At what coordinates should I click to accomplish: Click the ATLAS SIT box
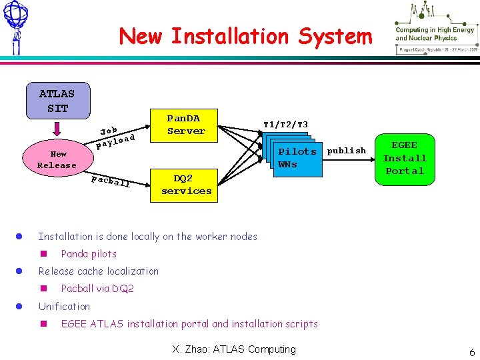(57, 100)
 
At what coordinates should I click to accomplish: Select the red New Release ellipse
(57, 159)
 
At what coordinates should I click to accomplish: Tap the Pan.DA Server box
(186, 124)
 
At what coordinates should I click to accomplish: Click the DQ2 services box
(186, 185)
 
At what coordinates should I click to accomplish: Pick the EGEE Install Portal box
(405, 158)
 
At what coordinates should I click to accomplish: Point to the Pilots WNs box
(297, 158)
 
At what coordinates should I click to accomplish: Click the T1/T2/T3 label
(285, 125)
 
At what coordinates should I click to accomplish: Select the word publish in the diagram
(347, 151)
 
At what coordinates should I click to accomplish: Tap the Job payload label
(116, 135)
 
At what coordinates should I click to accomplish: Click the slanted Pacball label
(110, 180)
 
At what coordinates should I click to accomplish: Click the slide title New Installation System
(245, 36)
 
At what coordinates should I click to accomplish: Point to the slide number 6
(471, 351)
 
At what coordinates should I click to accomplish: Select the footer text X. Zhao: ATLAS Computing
(233, 349)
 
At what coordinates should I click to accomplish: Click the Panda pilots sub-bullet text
(89, 254)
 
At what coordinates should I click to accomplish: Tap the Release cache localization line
(99, 271)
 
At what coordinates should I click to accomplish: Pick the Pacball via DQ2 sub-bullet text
(97, 289)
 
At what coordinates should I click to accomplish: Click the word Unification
(64, 307)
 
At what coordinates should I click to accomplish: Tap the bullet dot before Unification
(20, 307)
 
